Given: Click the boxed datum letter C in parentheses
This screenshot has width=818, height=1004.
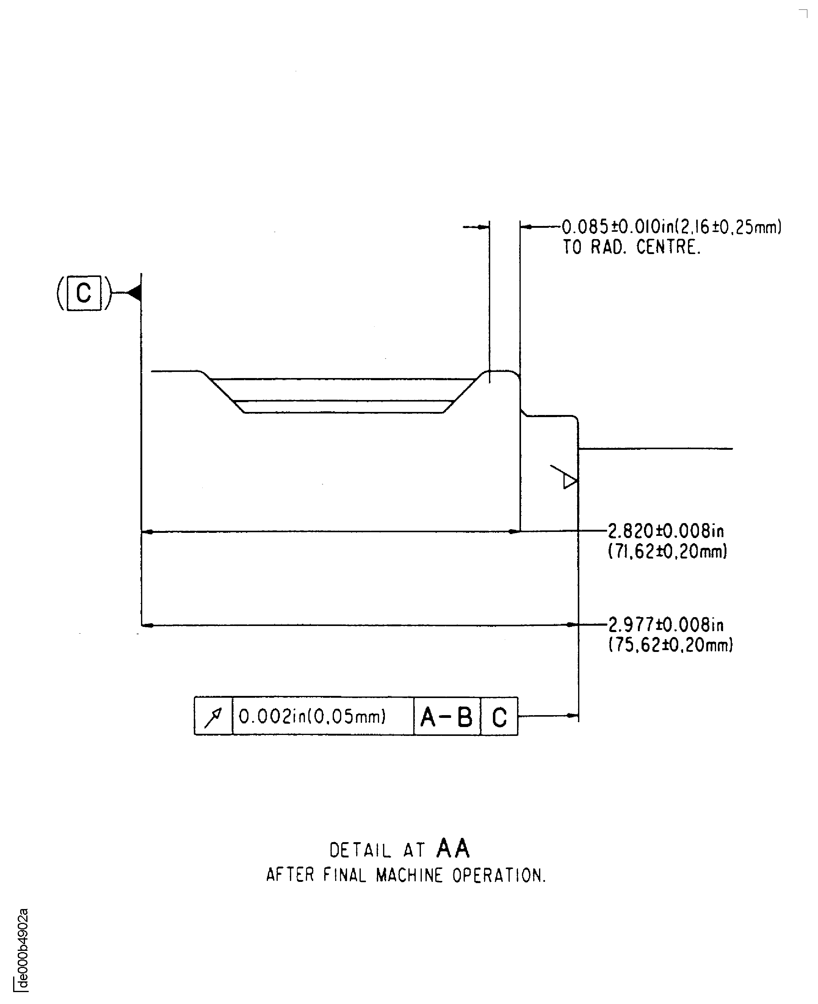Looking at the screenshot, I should point(84,293).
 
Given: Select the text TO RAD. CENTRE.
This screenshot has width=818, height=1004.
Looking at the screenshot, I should point(632,247).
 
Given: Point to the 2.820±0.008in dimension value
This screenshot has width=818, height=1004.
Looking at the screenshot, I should point(666,531).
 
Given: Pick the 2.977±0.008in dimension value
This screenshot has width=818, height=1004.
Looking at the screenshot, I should point(666,625).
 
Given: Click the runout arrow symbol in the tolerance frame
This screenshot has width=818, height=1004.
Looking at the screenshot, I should point(213,716).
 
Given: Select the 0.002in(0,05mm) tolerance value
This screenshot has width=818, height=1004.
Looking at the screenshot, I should point(313,716).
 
